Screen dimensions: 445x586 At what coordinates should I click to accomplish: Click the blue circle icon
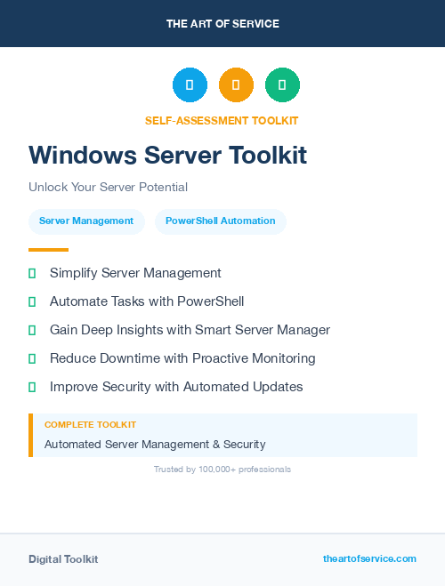click(190, 84)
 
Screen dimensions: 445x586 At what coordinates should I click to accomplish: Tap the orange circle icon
click(236, 84)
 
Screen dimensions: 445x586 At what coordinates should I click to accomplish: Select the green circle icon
click(282, 84)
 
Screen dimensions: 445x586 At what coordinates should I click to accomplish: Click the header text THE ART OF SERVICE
click(222, 24)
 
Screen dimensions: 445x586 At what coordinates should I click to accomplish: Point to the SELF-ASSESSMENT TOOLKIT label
click(222, 120)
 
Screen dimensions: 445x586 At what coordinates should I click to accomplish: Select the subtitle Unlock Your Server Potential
click(108, 187)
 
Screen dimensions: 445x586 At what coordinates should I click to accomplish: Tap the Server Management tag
click(86, 221)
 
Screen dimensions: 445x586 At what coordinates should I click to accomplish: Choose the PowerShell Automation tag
click(220, 221)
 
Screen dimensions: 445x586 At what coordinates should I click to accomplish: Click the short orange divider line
click(48, 250)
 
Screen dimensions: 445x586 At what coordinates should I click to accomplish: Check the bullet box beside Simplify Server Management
click(32, 273)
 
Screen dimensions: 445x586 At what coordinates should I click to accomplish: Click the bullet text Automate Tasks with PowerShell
click(147, 301)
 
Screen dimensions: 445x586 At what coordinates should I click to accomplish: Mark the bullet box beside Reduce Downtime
click(32, 358)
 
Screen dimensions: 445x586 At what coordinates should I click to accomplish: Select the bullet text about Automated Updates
click(176, 387)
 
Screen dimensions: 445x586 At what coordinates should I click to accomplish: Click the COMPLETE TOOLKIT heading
click(90, 425)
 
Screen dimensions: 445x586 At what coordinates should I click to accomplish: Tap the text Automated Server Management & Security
click(155, 444)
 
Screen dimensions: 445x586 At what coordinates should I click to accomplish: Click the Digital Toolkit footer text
click(63, 558)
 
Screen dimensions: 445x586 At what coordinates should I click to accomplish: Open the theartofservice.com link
click(369, 558)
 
